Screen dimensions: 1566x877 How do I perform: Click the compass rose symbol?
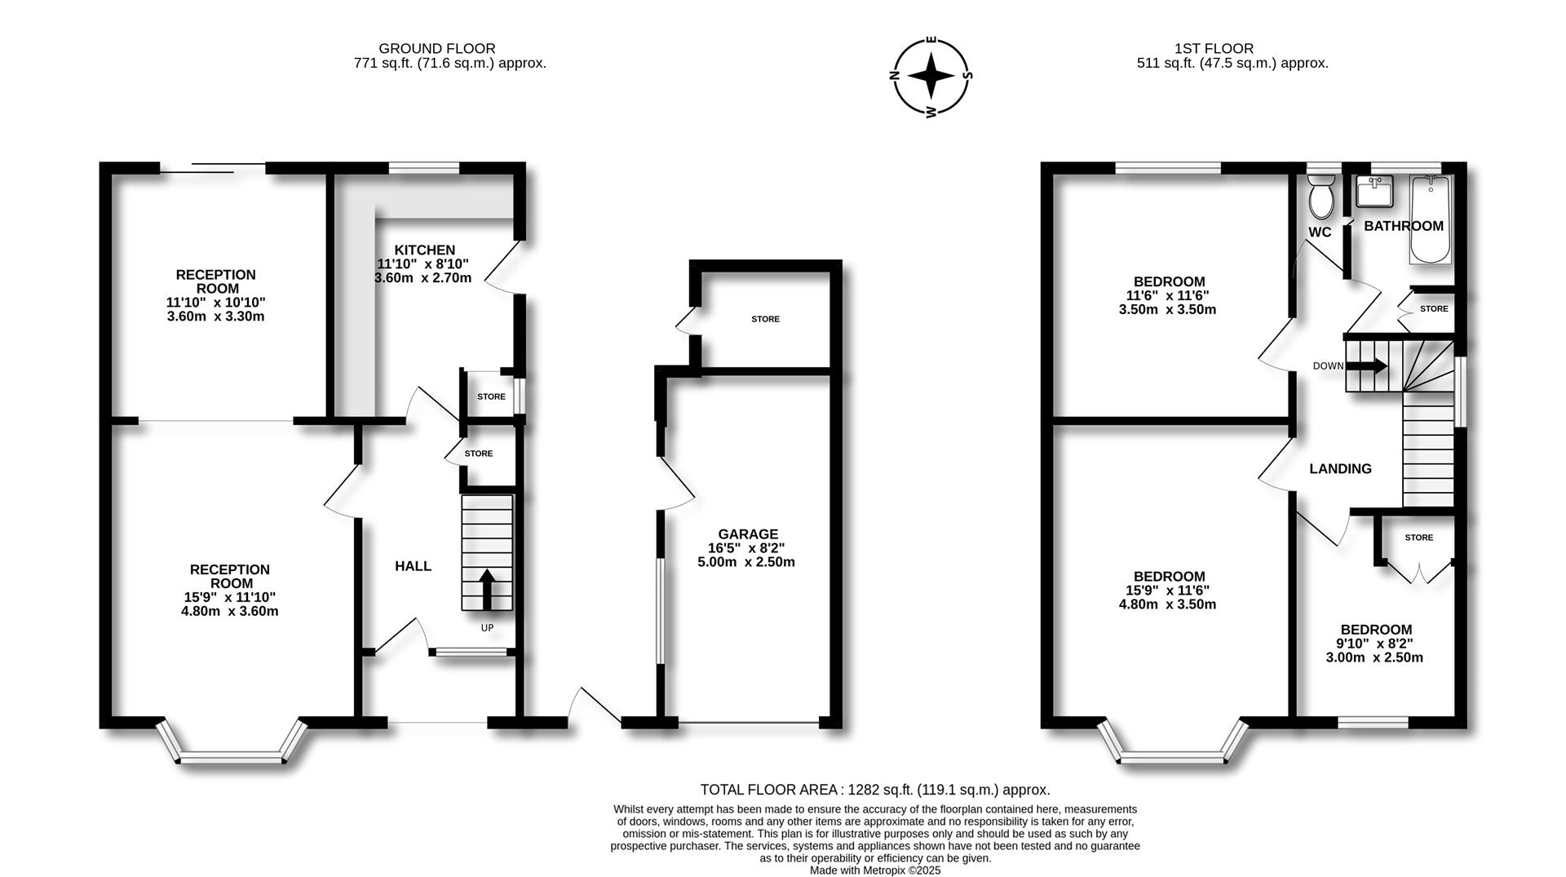pyautogui.click(x=931, y=76)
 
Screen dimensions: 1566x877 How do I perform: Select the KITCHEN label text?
pyautogui.click(x=424, y=250)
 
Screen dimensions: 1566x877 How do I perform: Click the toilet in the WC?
pyautogui.click(x=1320, y=196)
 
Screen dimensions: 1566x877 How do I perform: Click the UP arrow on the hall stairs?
pyautogui.click(x=487, y=589)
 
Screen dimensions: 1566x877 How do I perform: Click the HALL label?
pyautogui.click(x=414, y=566)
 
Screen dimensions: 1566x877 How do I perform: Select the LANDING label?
pyautogui.click(x=1340, y=469)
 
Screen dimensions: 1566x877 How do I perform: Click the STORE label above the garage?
pyautogui.click(x=765, y=319)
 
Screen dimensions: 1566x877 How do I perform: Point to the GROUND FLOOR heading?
pyautogui.click(x=437, y=49)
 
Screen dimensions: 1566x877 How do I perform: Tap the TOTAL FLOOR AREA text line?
pyautogui.click(x=875, y=790)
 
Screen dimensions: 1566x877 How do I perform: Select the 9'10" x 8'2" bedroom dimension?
pyautogui.click(x=1374, y=644)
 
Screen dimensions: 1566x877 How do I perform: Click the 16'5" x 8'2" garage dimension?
pyautogui.click(x=746, y=548)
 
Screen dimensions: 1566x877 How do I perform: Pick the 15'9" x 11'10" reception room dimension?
pyautogui.click(x=230, y=597)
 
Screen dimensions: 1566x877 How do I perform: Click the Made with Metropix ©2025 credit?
pyautogui.click(x=875, y=870)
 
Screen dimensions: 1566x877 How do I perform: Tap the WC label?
pyautogui.click(x=1320, y=233)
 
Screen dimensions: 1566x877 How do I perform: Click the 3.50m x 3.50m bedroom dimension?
pyautogui.click(x=1167, y=310)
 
